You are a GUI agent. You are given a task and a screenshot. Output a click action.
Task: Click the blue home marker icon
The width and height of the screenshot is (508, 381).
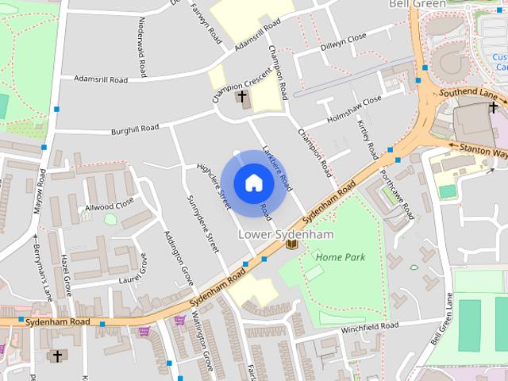[253, 183]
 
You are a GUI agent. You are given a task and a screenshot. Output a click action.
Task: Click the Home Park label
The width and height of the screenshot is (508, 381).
[341, 257]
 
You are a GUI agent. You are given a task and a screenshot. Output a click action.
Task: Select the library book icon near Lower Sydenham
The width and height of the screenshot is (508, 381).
[291, 244]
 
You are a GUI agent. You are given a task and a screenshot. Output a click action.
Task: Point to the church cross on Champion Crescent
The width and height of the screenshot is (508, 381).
[242, 98]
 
